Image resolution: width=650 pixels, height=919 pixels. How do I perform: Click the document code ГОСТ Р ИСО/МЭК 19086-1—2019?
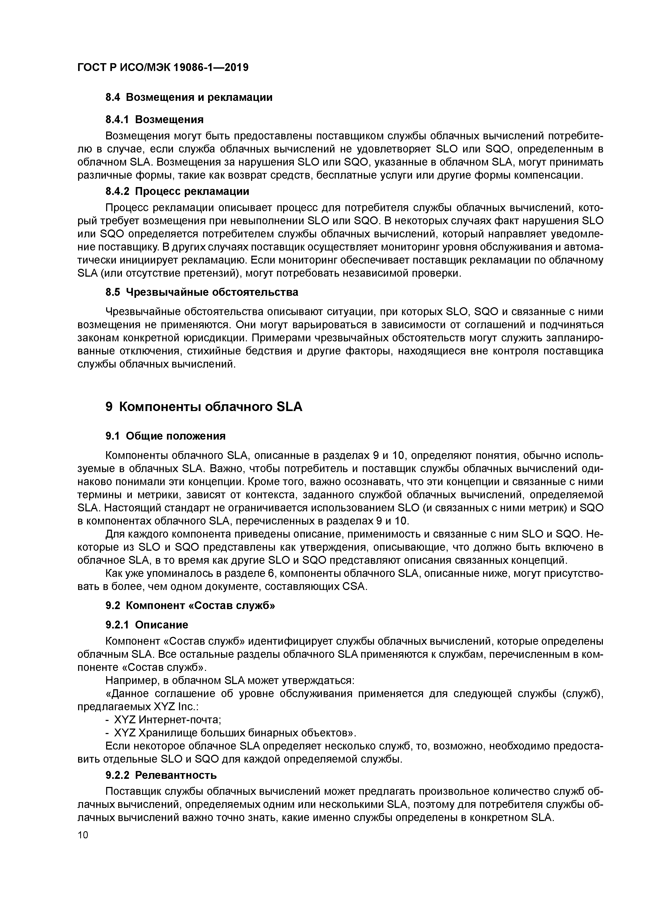[x=162, y=68]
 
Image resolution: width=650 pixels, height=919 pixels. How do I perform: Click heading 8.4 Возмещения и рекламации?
[x=189, y=97]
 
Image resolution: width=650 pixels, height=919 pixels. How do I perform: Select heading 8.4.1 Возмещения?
[x=154, y=119]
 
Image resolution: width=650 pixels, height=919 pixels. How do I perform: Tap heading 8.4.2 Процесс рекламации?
[x=177, y=191]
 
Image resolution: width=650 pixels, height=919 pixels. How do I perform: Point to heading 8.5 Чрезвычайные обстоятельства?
[x=202, y=292]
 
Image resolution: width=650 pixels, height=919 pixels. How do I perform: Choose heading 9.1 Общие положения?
[x=165, y=436]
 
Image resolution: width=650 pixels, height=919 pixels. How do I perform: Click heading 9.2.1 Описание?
[x=147, y=625]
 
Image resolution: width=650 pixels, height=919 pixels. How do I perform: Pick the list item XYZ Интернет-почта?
[x=168, y=720]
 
